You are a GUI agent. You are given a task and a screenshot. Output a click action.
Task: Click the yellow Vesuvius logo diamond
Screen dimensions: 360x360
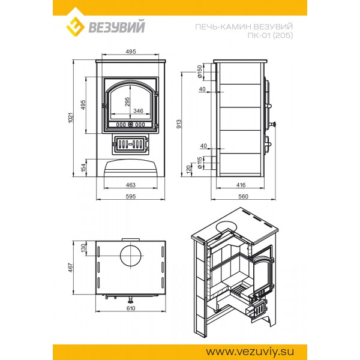click(75, 26)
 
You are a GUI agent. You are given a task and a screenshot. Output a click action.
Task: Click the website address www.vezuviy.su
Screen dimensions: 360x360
click(250, 352)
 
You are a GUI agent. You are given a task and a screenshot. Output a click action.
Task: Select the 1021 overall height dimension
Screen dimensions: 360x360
click(71, 118)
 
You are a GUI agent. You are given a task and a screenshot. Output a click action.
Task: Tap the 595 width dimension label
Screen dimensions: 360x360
click(131, 197)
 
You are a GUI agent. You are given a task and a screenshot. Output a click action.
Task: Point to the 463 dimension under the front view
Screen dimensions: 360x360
click(131, 185)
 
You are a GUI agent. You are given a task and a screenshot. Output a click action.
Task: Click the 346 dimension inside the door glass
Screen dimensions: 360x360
click(138, 111)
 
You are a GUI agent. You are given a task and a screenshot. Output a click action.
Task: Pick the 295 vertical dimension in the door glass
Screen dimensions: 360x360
click(127, 102)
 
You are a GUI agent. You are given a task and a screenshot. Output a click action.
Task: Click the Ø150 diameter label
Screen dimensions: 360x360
click(200, 71)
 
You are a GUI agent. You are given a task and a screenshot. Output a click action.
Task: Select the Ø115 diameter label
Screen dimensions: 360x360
click(200, 163)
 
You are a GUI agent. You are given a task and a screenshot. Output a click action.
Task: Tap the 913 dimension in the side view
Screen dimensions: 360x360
click(179, 124)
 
